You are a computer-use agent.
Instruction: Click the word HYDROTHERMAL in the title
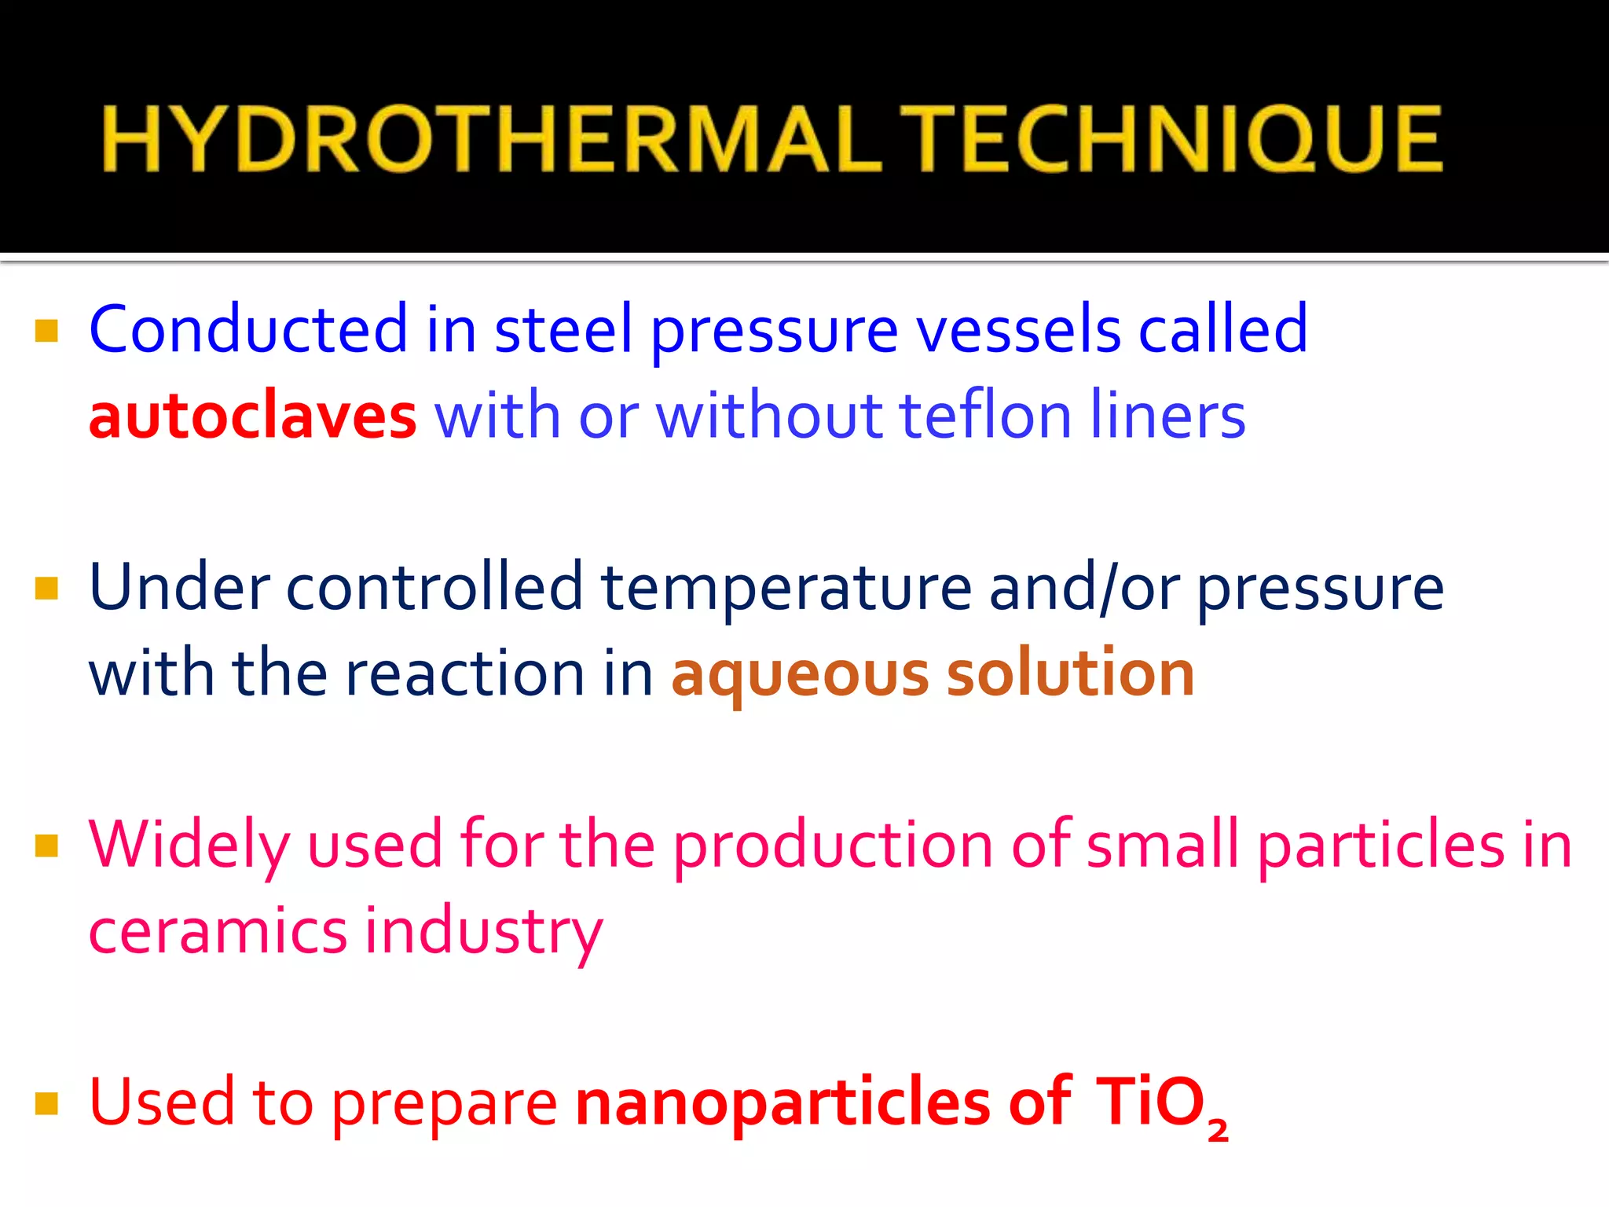pyautogui.click(x=491, y=139)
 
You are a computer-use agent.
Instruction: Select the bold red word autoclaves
pyautogui.click(x=252, y=416)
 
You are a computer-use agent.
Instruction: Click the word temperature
pyautogui.click(x=786, y=589)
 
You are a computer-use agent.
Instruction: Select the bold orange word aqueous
pyautogui.click(x=800, y=675)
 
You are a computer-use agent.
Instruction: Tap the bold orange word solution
pyautogui.click(x=1071, y=673)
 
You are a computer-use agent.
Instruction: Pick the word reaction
pyautogui.click(x=464, y=673)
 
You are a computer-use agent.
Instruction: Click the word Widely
pyautogui.click(x=189, y=846)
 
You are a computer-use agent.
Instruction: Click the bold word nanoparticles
pyautogui.click(x=783, y=1103)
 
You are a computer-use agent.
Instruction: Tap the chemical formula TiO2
pyautogui.click(x=1160, y=1105)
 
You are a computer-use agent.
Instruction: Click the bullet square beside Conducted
pyautogui.click(x=47, y=331)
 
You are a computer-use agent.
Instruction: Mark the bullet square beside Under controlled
pyautogui.click(x=47, y=589)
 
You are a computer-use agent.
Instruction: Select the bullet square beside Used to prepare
pyautogui.click(x=47, y=1104)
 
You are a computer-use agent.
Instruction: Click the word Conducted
pyautogui.click(x=248, y=329)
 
